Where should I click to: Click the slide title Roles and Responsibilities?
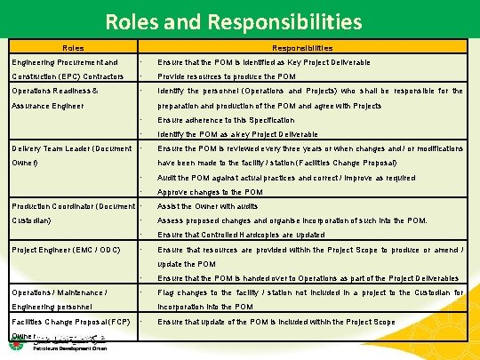239,20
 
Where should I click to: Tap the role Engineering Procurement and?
66,62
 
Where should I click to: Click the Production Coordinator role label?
73,206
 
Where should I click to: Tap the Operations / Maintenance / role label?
60,292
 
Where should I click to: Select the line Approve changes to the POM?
210,192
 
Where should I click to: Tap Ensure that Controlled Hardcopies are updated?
241,235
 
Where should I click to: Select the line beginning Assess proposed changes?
292,220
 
